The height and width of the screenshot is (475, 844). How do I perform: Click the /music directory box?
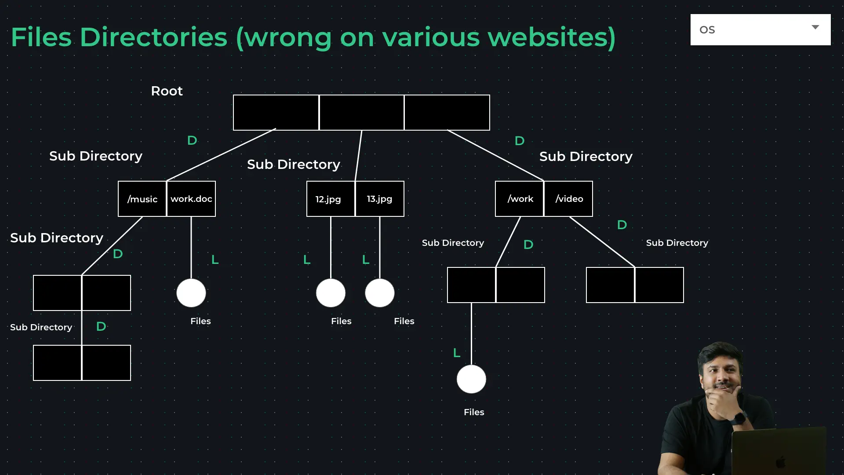pyautogui.click(x=142, y=199)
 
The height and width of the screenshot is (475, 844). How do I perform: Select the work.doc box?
pyautogui.click(x=191, y=199)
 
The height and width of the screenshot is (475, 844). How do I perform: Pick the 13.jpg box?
pyautogui.click(x=380, y=199)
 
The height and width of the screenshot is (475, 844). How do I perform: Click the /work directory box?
pyautogui.click(x=520, y=199)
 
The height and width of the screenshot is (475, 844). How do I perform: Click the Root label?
pyautogui.click(x=167, y=91)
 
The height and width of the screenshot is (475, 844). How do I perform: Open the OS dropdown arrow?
pyautogui.click(x=815, y=27)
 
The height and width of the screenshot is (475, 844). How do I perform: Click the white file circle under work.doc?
pyautogui.click(x=191, y=293)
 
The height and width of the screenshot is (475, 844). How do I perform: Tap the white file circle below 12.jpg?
pyautogui.click(x=331, y=293)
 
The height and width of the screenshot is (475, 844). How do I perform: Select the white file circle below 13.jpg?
pyautogui.click(x=380, y=293)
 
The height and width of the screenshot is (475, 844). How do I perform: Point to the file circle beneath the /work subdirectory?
pyautogui.click(x=471, y=379)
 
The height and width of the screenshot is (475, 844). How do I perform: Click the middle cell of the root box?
pyautogui.click(x=361, y=113)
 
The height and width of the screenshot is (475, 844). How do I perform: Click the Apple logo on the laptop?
pyautogui.click(x=780, y=462)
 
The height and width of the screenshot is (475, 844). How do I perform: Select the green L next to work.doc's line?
pyautogui.click(x=215, y=260)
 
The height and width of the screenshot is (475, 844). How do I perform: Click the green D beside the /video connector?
pyautogui.click(x=622, y=225)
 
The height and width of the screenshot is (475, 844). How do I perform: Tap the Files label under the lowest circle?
pyautogui.click(x=474, y=412)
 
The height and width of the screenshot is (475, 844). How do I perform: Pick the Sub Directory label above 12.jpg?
pyautogui.click(x=294, y=164)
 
